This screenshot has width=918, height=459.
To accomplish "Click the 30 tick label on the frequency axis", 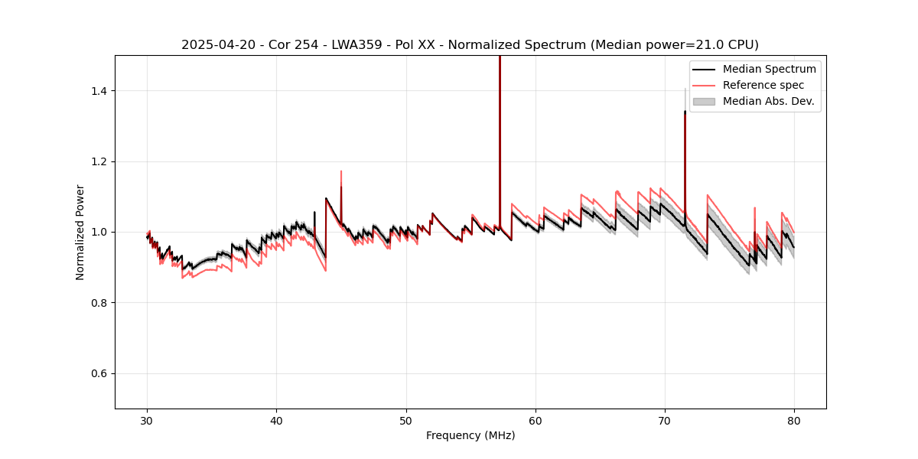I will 147,420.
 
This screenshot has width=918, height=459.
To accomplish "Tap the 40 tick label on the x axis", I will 276,420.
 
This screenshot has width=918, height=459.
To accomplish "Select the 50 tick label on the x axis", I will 405,420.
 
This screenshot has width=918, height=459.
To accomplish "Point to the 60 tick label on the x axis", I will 535,420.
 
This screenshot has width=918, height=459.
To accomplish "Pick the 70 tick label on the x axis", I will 665,420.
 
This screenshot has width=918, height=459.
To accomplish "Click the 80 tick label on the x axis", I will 794,420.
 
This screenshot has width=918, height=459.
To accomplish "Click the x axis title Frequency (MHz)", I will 470,435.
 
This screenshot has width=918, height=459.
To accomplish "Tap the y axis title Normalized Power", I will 80,232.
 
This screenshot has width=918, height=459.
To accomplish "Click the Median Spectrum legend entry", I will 769,69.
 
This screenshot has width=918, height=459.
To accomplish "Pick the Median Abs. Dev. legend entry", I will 768,101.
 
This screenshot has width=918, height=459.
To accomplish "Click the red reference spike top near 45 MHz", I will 340,171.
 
